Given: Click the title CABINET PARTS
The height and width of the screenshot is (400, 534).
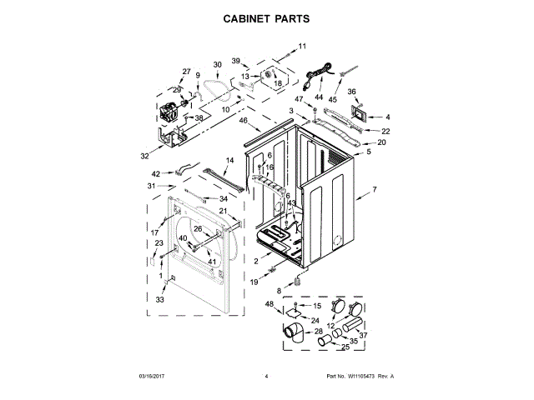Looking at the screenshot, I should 267,17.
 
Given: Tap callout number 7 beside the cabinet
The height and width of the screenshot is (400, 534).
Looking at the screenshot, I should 374,190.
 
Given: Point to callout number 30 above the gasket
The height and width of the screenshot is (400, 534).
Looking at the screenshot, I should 217,64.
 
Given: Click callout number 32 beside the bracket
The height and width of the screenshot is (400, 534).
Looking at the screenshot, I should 144,156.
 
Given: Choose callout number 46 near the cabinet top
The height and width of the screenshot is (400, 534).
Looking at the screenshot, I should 244,122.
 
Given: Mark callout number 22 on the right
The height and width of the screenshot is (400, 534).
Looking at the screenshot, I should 385,131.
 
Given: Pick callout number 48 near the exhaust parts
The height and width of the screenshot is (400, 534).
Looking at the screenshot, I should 270,304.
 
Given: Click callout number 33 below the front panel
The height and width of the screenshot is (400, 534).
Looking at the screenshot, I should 161,299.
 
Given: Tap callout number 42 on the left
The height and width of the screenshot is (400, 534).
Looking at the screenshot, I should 156,173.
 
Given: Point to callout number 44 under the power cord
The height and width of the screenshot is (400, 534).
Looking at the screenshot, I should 319,97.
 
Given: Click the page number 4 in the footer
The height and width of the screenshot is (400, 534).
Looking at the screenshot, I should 265,377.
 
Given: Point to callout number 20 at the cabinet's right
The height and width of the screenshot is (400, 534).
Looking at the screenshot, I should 381,142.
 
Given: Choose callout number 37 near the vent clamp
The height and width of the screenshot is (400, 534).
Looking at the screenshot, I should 363,336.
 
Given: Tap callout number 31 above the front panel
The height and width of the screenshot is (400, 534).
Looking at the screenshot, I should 152,185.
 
